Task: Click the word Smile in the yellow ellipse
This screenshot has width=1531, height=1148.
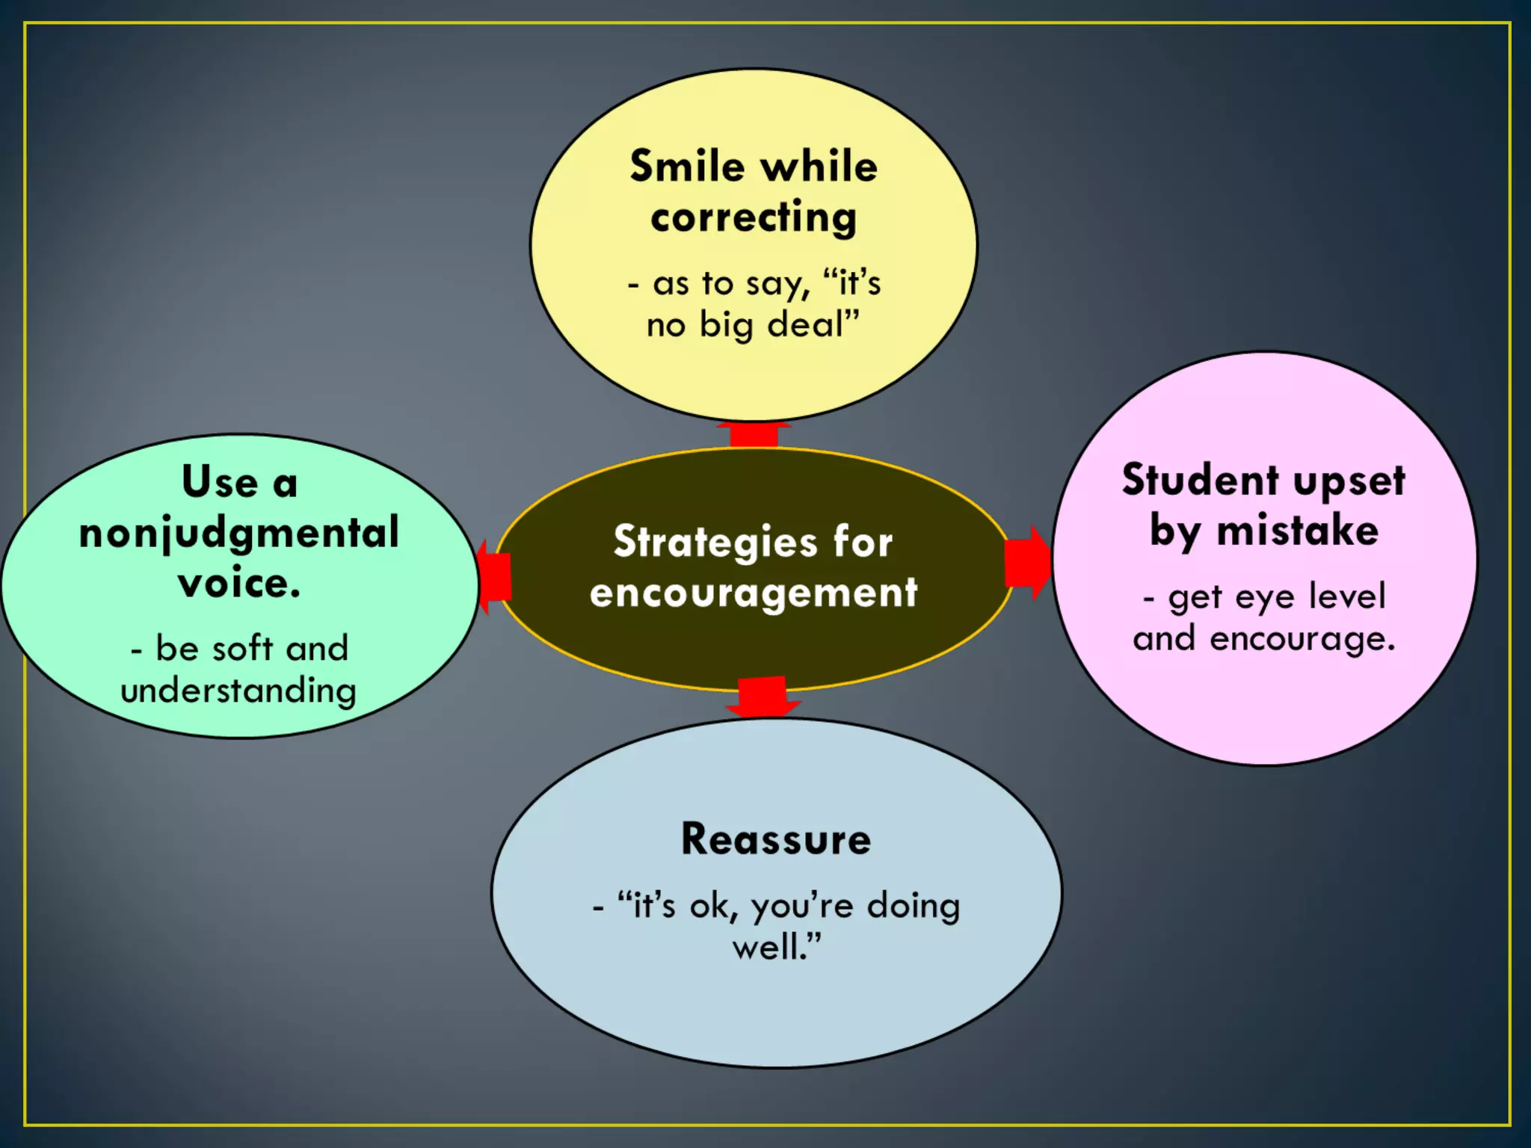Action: pyautogui.click(x=687, y=166)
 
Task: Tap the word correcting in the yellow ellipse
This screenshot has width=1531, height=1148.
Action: pyautogui.click(x=754, y=218)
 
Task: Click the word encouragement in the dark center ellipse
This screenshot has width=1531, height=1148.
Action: pyautogui.click(x=754, y=593)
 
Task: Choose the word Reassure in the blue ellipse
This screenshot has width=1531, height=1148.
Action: pyautogui.click(x=776, y=839)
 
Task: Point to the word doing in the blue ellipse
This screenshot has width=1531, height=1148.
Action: pyautogui.click(x=913, y=906)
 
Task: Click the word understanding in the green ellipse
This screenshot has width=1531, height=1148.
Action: pyautogui.click(x=238, y=691)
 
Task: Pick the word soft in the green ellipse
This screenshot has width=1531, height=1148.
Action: pyautogui.click(x=242, y=648)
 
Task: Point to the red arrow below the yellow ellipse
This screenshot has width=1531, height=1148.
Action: pyautogui.click(x=754, y=435)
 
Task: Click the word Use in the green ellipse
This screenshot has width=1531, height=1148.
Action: pyautogui.click(x=219, y=482)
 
